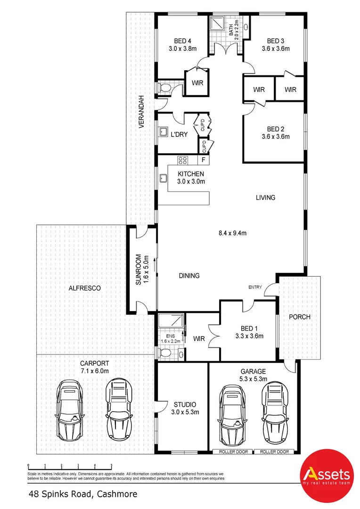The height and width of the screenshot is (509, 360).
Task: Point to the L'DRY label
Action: click(179, 134)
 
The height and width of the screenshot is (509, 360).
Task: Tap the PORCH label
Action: click(300, 317)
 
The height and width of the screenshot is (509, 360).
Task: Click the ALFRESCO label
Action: click(85, 287)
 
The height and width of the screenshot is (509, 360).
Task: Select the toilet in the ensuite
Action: click(165, 352)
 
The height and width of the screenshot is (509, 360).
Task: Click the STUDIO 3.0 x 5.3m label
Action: click(184, 408)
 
